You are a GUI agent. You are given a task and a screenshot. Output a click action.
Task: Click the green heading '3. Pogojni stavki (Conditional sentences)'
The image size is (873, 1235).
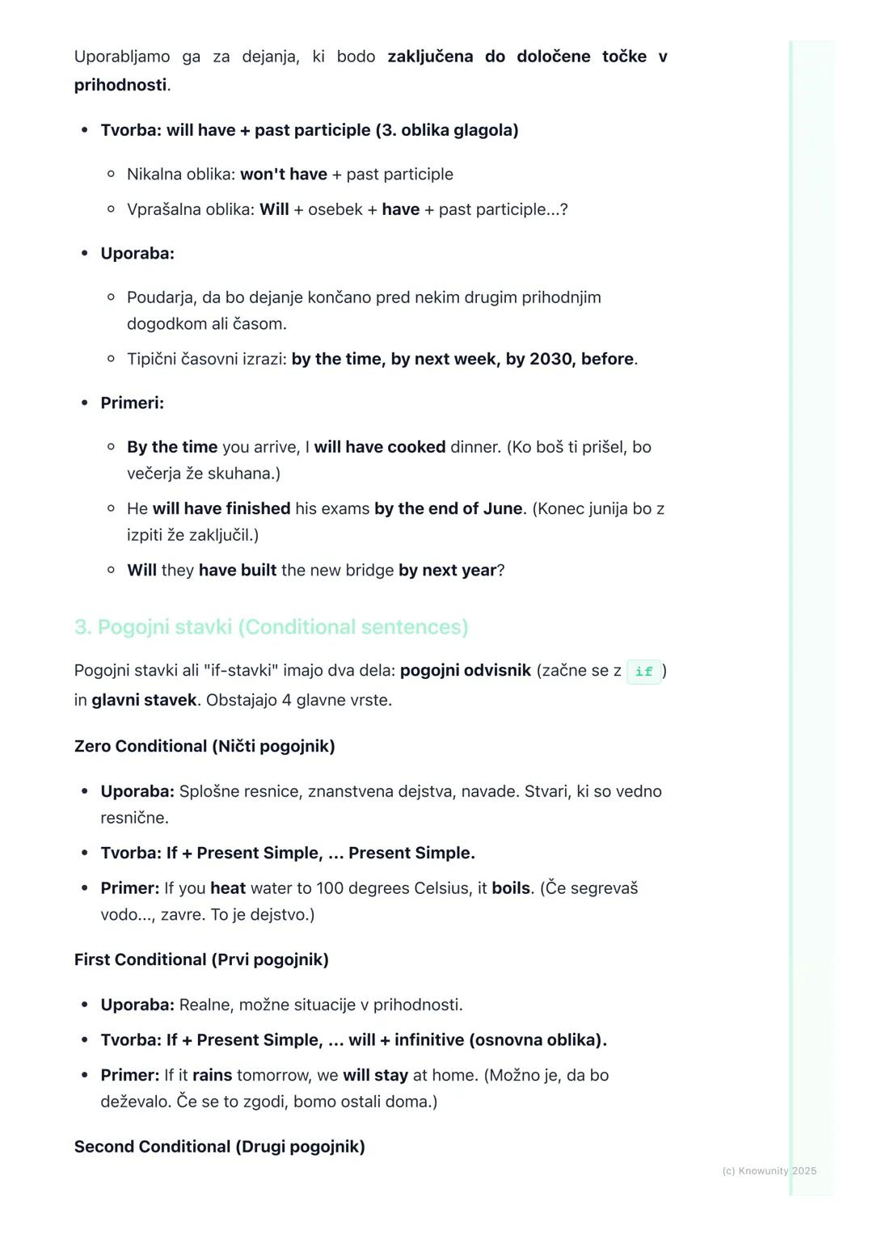click(x=271, y=627)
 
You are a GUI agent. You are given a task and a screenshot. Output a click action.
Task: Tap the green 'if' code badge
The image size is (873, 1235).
click(x=643, y=672)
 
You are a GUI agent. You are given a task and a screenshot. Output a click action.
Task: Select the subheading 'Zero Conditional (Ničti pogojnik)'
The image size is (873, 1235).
click(x=205, y=746)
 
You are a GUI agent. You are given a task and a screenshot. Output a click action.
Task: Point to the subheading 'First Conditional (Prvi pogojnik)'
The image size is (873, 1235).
click(x=201, y=959)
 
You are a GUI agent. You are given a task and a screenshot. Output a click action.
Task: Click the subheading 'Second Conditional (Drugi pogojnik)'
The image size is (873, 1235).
click(x=219, y=1147)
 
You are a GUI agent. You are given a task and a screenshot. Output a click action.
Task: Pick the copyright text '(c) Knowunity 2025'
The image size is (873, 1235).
click(x=769, y=1171)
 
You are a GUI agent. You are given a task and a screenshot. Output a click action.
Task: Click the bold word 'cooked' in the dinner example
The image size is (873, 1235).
click(x=416, y=447)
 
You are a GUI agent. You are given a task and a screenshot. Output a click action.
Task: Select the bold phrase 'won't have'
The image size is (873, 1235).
click(x=284, y=175)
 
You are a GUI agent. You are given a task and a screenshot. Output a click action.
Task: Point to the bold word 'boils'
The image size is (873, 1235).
click(x=511, y=888)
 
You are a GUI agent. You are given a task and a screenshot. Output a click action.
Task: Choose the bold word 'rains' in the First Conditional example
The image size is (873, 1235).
click(x=212, y=1076)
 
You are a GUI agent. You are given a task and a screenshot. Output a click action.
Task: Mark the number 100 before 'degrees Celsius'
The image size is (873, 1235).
click(x=330, y=888)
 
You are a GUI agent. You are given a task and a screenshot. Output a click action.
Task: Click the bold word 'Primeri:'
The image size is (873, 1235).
click(x=132, y=403)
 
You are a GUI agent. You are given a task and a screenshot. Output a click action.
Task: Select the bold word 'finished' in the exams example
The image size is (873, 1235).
click(x=258, y=509)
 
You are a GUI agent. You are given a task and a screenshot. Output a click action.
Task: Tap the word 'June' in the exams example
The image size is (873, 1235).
click(x=503, y=509)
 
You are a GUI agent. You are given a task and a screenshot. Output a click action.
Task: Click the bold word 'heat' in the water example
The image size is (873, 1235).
click(x=228, y=888)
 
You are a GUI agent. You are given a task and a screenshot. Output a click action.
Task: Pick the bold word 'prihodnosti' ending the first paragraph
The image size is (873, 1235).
click(x=120, y=85)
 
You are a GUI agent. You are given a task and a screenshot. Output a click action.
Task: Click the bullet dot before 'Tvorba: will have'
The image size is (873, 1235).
click(x=84, y=130)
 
